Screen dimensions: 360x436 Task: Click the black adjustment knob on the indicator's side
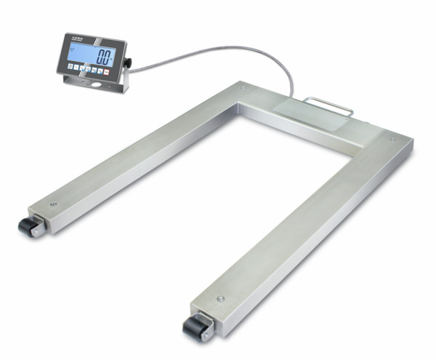click(x=128, y=64)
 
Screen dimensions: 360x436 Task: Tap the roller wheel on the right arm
click(x=195, y=329)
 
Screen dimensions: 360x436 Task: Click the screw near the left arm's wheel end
click(x=54, y=204)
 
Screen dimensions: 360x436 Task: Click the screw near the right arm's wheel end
click(x=220, y=297)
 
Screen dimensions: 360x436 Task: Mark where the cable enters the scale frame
click(x=292, y=95)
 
